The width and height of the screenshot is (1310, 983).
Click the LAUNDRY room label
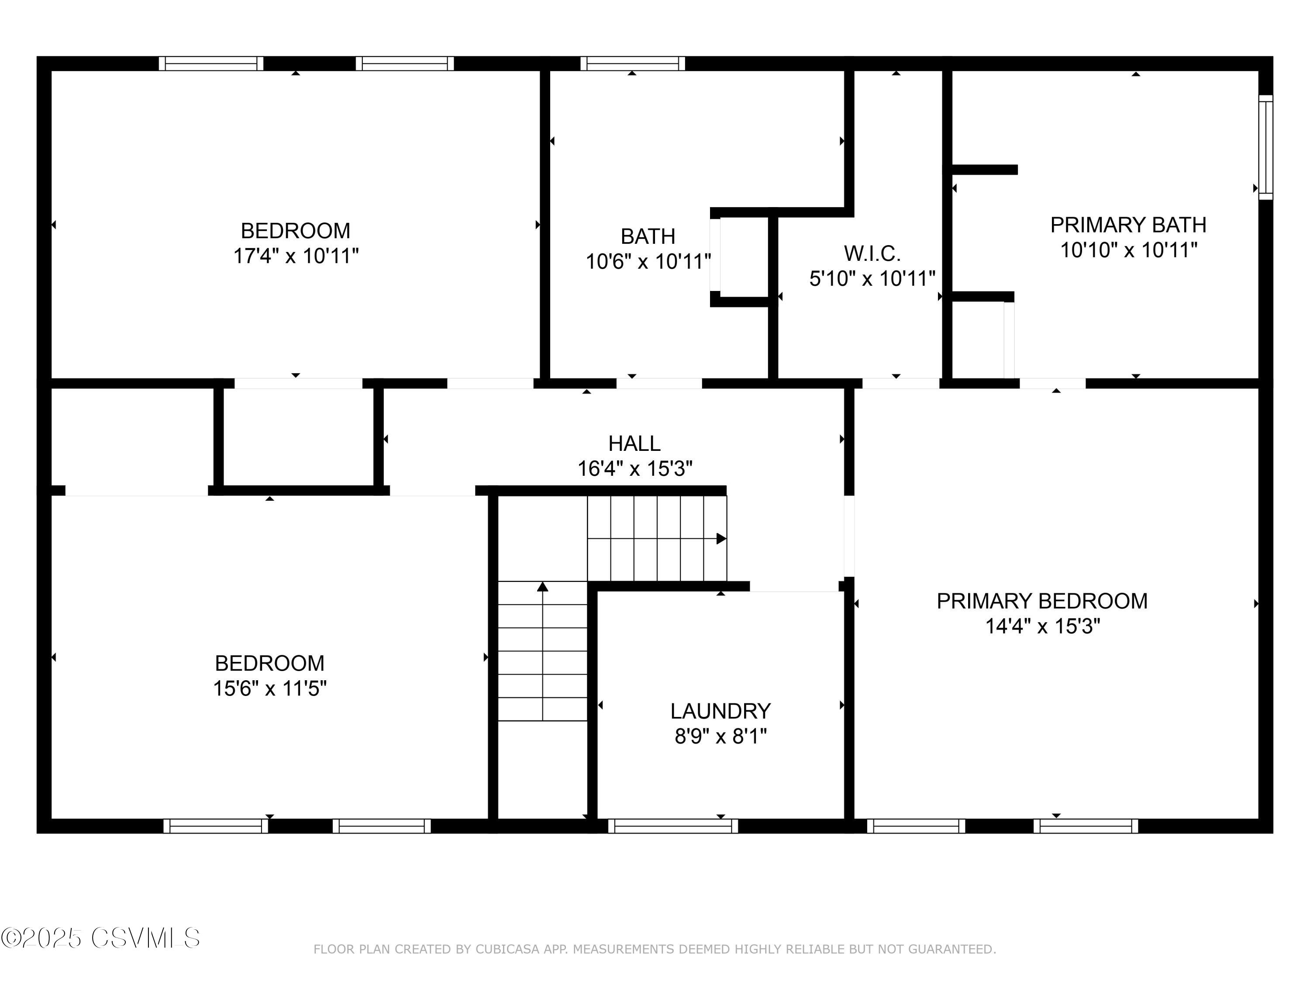(x=720, y=711)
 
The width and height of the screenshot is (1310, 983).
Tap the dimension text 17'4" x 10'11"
(x=296, y=256)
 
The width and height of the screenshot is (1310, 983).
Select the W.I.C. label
(x=872, y=253)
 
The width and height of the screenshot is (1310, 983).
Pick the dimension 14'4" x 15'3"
(x=1042, y=626)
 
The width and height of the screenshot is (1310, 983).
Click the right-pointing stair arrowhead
(x=721, y=539)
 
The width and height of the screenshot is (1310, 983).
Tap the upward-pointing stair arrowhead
(x=542, y=587)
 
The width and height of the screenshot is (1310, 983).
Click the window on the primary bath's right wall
(x=1265, y=147)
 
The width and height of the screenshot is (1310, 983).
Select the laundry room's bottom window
(x=673, y=826)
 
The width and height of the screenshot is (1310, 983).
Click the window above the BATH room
(x=632, y=63)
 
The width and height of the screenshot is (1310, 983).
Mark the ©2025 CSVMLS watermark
(x=101, y=938)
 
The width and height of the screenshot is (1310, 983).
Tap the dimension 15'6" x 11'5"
(x=269, y=689)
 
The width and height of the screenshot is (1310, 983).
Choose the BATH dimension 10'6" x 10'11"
(x=648, y=261)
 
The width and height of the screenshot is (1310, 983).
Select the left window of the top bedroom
(x=211, y=63)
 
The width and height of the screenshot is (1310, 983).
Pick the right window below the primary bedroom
(x=1086, y=826)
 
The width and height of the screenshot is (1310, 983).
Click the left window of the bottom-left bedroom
(x=216, y=826)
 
